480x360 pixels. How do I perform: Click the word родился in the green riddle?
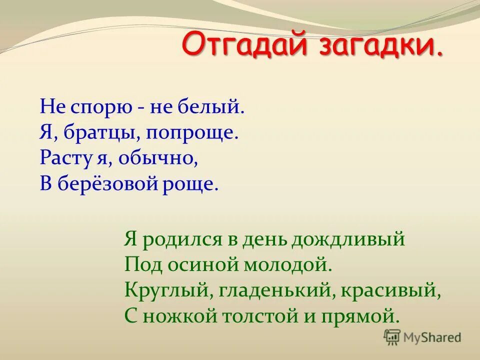(x=180, y=239)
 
